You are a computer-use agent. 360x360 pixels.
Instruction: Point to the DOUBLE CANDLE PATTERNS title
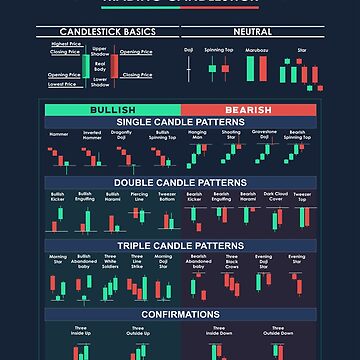[180, 183]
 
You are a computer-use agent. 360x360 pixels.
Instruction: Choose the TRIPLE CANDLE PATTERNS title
[180, 245]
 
